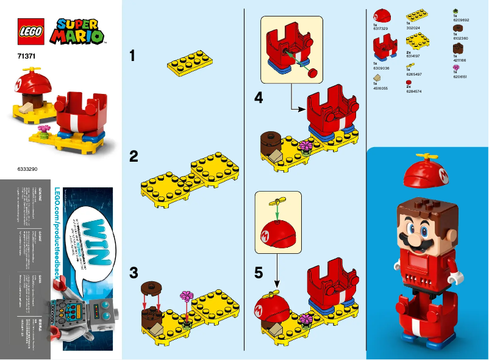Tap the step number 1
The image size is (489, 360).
133,56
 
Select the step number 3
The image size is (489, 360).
134,273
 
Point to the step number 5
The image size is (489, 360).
259,273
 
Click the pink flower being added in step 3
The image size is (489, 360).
186,297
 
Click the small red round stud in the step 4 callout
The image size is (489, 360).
314,74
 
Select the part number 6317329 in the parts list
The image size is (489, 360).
380,29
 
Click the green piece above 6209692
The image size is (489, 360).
456,11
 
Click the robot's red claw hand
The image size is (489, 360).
53,332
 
